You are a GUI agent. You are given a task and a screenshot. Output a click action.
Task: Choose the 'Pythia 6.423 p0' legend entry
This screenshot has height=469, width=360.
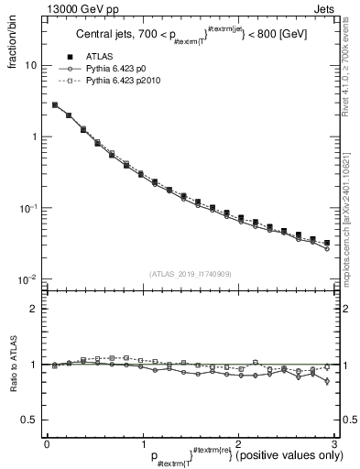[x=125, y=69]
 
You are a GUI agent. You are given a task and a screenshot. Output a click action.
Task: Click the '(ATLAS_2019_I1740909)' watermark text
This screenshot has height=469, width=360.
[x=191, y=272]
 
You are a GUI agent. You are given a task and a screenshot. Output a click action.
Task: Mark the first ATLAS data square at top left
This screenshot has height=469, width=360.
[x=55, y=105]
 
